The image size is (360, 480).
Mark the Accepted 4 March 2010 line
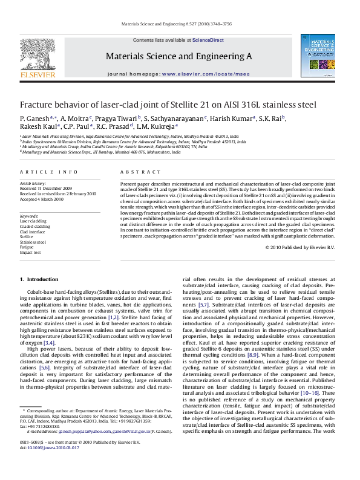42,198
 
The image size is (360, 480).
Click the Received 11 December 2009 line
45,188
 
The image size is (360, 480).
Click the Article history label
33,183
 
